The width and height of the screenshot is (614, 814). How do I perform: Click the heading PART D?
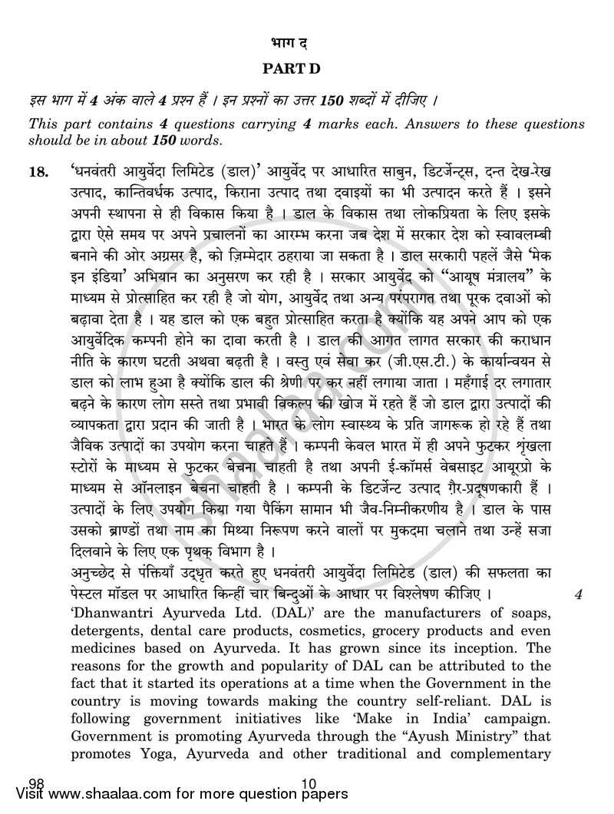(x=291, y=69)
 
